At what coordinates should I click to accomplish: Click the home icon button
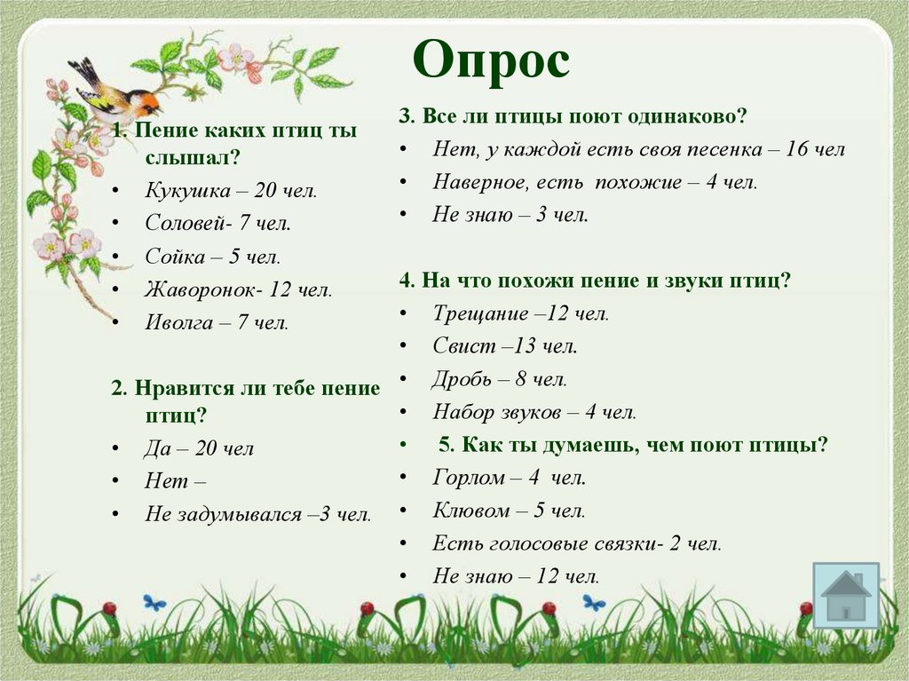pos(845,596)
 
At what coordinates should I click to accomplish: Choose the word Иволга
pos(179,322)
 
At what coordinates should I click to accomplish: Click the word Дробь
pos(462,379)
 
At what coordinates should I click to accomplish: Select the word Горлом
pos(469,478)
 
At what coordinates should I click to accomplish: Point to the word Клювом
pos(471,511)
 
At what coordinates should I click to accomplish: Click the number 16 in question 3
pos(796,149)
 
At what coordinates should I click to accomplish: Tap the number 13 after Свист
pos(527,346)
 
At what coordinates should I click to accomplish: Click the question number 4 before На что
pos(406,281)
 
